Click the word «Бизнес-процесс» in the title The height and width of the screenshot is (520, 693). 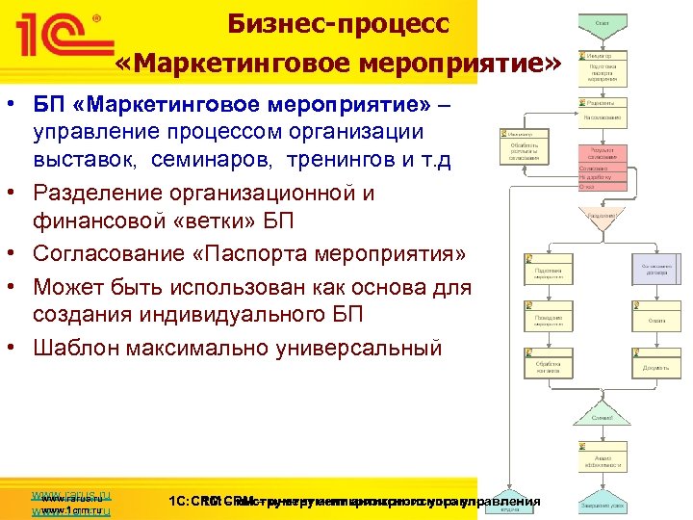coord(338,23)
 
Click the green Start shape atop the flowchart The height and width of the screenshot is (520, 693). coord(602,21)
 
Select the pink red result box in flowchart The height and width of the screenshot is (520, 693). coord(603,154)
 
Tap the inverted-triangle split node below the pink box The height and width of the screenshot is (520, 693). coord(603,218)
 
